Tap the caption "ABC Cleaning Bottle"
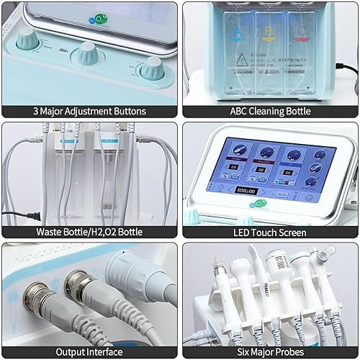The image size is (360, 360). pyautogui.click(x=271, y=112)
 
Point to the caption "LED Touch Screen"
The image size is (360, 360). pyautogui.click(x=271, y=232)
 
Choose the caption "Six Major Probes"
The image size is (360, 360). pyautogui.click(x=271, y=353)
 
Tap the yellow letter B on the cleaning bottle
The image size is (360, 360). pyautogui.click(x=267, y=31)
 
